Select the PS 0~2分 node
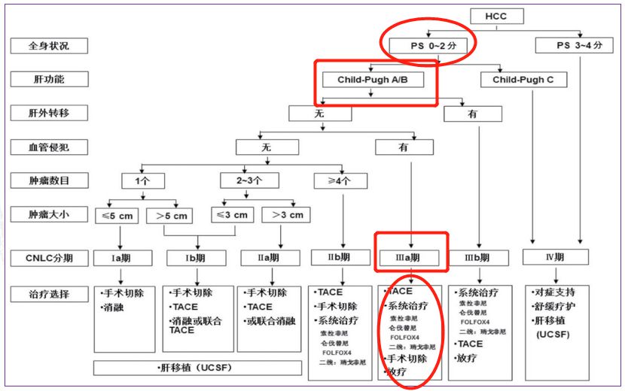428,46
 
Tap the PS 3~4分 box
580,46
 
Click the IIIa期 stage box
411,257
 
